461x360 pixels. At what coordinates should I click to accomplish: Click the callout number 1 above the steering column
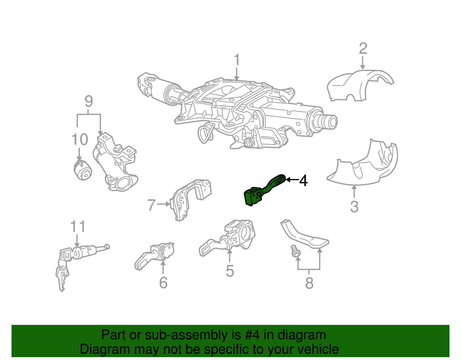pyautogui.click(x=237, y=60)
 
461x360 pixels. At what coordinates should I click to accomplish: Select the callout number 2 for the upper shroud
pyautogui.click(x=363, y=49)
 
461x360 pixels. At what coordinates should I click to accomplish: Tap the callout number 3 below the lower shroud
pyautogui.click(x=354, y=206)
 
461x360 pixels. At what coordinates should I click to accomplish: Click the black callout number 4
pyautogui.click(x=303, y=181)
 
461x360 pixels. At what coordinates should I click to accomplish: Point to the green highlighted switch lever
pyautogui.click(x=261, y=192)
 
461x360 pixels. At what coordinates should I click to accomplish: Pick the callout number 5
pyautogui.click(x=230, y=271)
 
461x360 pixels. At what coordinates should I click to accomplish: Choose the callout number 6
pyautogui.click(x=163, y=282)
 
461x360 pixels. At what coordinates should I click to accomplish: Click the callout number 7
pyautogui.click(x=152, y=205)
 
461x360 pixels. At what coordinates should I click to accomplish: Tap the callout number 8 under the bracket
pyautogui.click(x=309, y=283)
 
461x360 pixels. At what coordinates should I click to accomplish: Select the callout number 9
pyautogui.click(x=89, y=101)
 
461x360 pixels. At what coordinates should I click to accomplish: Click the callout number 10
pyautogui.click(x=80, y=140)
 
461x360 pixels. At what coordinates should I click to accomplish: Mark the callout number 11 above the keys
pyautogui.click(x=78, y=227)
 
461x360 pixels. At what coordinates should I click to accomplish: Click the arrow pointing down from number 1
pyautogui.click(x=237, y=74)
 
